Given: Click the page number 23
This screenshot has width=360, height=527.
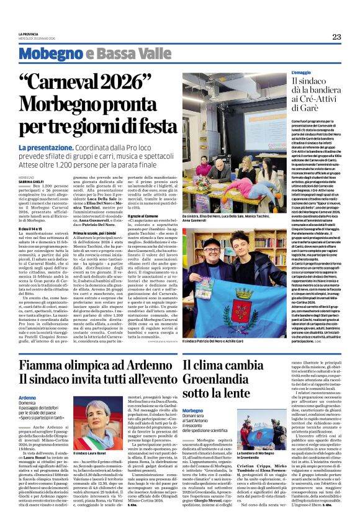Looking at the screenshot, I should coord(336,37).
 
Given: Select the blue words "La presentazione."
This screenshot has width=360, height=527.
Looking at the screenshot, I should coord(46,147).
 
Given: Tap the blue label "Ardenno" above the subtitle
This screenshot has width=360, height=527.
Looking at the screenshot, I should coord(27,397).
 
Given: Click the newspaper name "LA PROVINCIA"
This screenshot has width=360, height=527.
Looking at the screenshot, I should coord(29,34).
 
